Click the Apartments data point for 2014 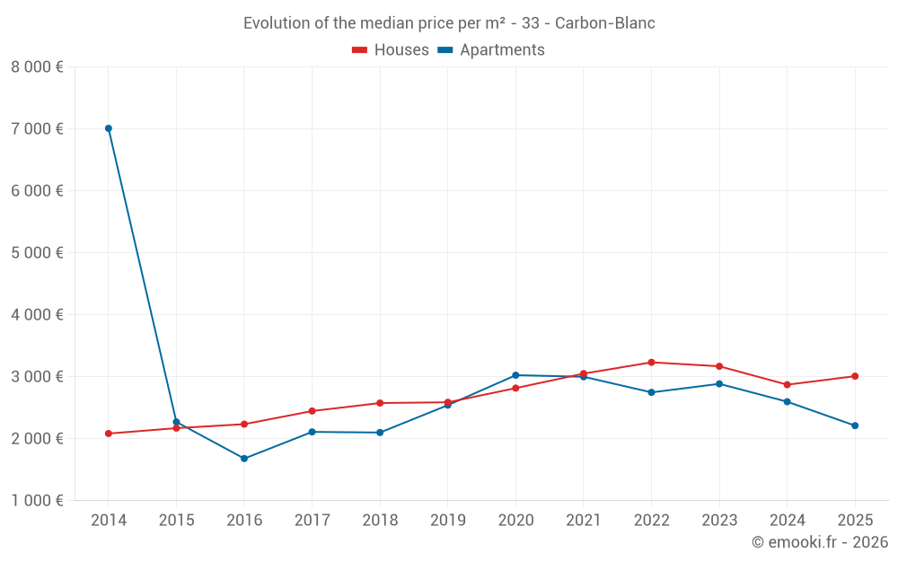pyautogui.click(x=109, y=128)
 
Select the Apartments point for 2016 pyautogui.click(x=244, y=459)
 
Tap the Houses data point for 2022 pyautogui.click(x=651, y=363)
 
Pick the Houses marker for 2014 pyautogui.click(x=109, y=434)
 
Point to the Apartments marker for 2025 pyautogui.click(x=855, y=425)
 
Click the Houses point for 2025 pyautogui.click(x=855, y=376)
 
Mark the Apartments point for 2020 pyautogui.click(x=515, y=375)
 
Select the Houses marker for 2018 pyautogui.click(x=380, y=403)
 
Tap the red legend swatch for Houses pyautogui.click(x=360, y=50)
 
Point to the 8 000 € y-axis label pyautogui.click(x=37, y=66)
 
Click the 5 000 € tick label pyautogui.click(x=37, y=252)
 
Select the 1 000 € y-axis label pyautogui.click(x=37, y=500)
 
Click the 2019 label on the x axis pyautogui.click(x=447, y=521)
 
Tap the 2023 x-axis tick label pyautogui.click(x=719, y=521)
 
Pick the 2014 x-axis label pyautogui.click(x=109, y=521)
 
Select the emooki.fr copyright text pyautogui.click(x=820, y=542)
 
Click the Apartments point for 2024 pyautogui.click(x=787, y=401)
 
